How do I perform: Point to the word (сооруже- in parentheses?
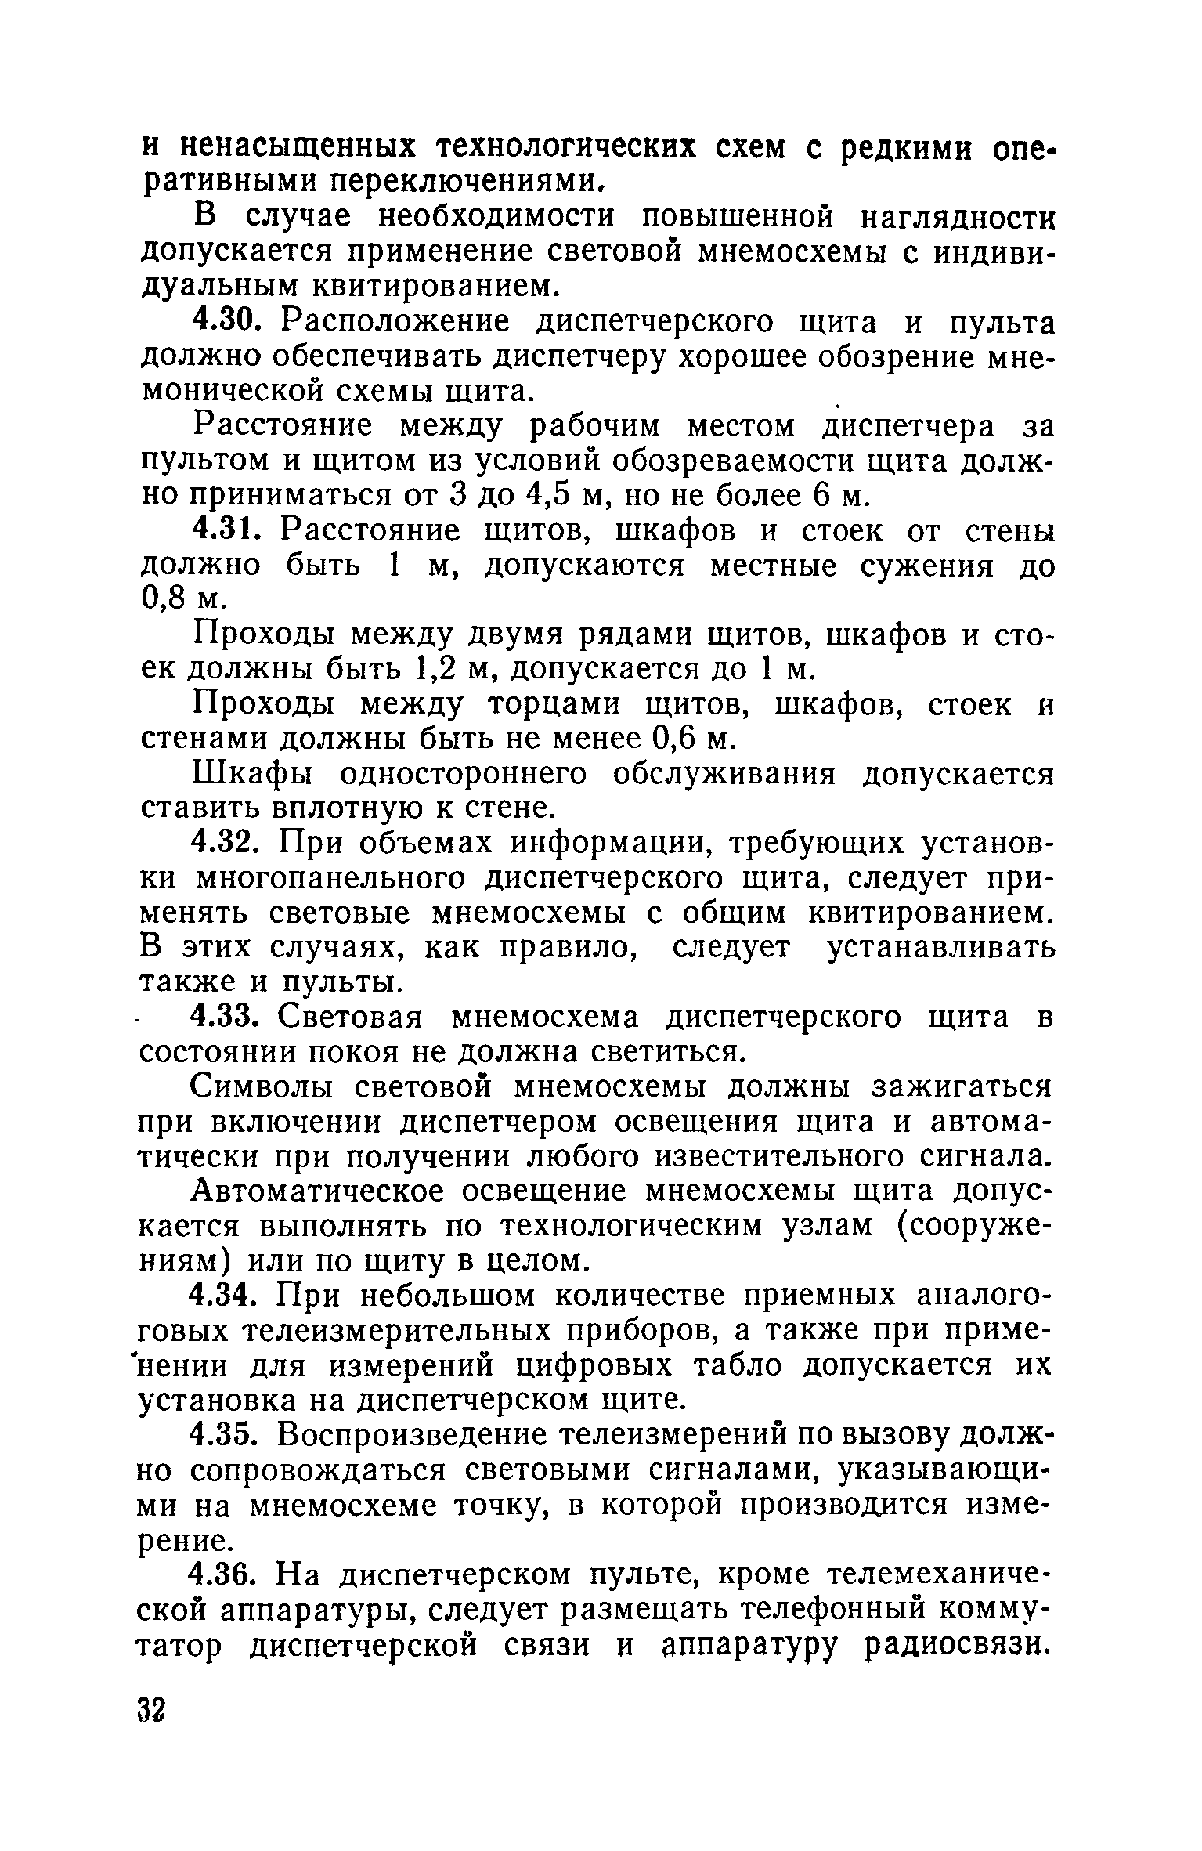click(x=973, y=1226)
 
